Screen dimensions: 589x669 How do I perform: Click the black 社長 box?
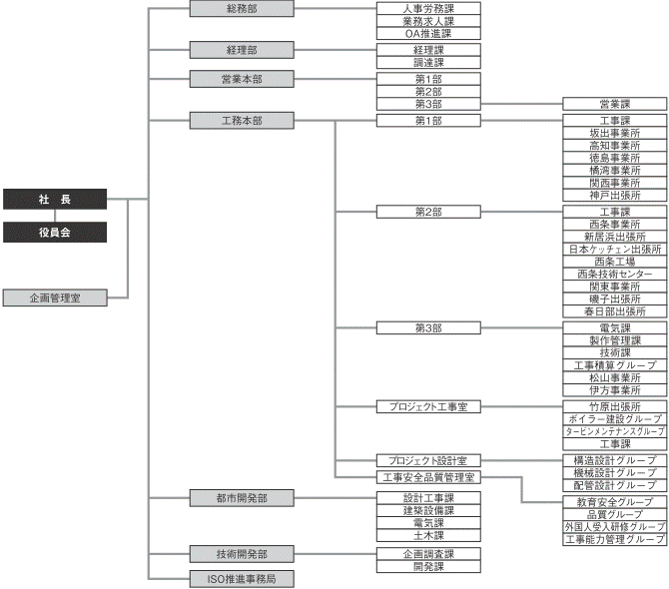[54, 200]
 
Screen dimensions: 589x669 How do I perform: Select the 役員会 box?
[54, 233]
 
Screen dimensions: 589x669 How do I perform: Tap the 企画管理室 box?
[54, 297]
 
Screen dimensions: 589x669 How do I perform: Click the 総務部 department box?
[243, 9]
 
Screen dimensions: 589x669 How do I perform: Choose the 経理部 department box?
[243, 49]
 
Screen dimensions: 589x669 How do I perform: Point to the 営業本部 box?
[243, 79]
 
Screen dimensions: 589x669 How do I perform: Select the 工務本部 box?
[243, 120]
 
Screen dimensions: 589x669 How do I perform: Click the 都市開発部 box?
[243, 497]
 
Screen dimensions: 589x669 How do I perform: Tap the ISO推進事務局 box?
[243, 578]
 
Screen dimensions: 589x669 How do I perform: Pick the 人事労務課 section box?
[428, 8]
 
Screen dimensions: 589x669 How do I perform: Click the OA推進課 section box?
[428, 33]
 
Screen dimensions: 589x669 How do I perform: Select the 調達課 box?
[428, 62]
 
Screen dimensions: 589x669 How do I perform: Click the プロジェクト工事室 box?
[428, 407]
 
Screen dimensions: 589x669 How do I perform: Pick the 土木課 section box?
[428, 535]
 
